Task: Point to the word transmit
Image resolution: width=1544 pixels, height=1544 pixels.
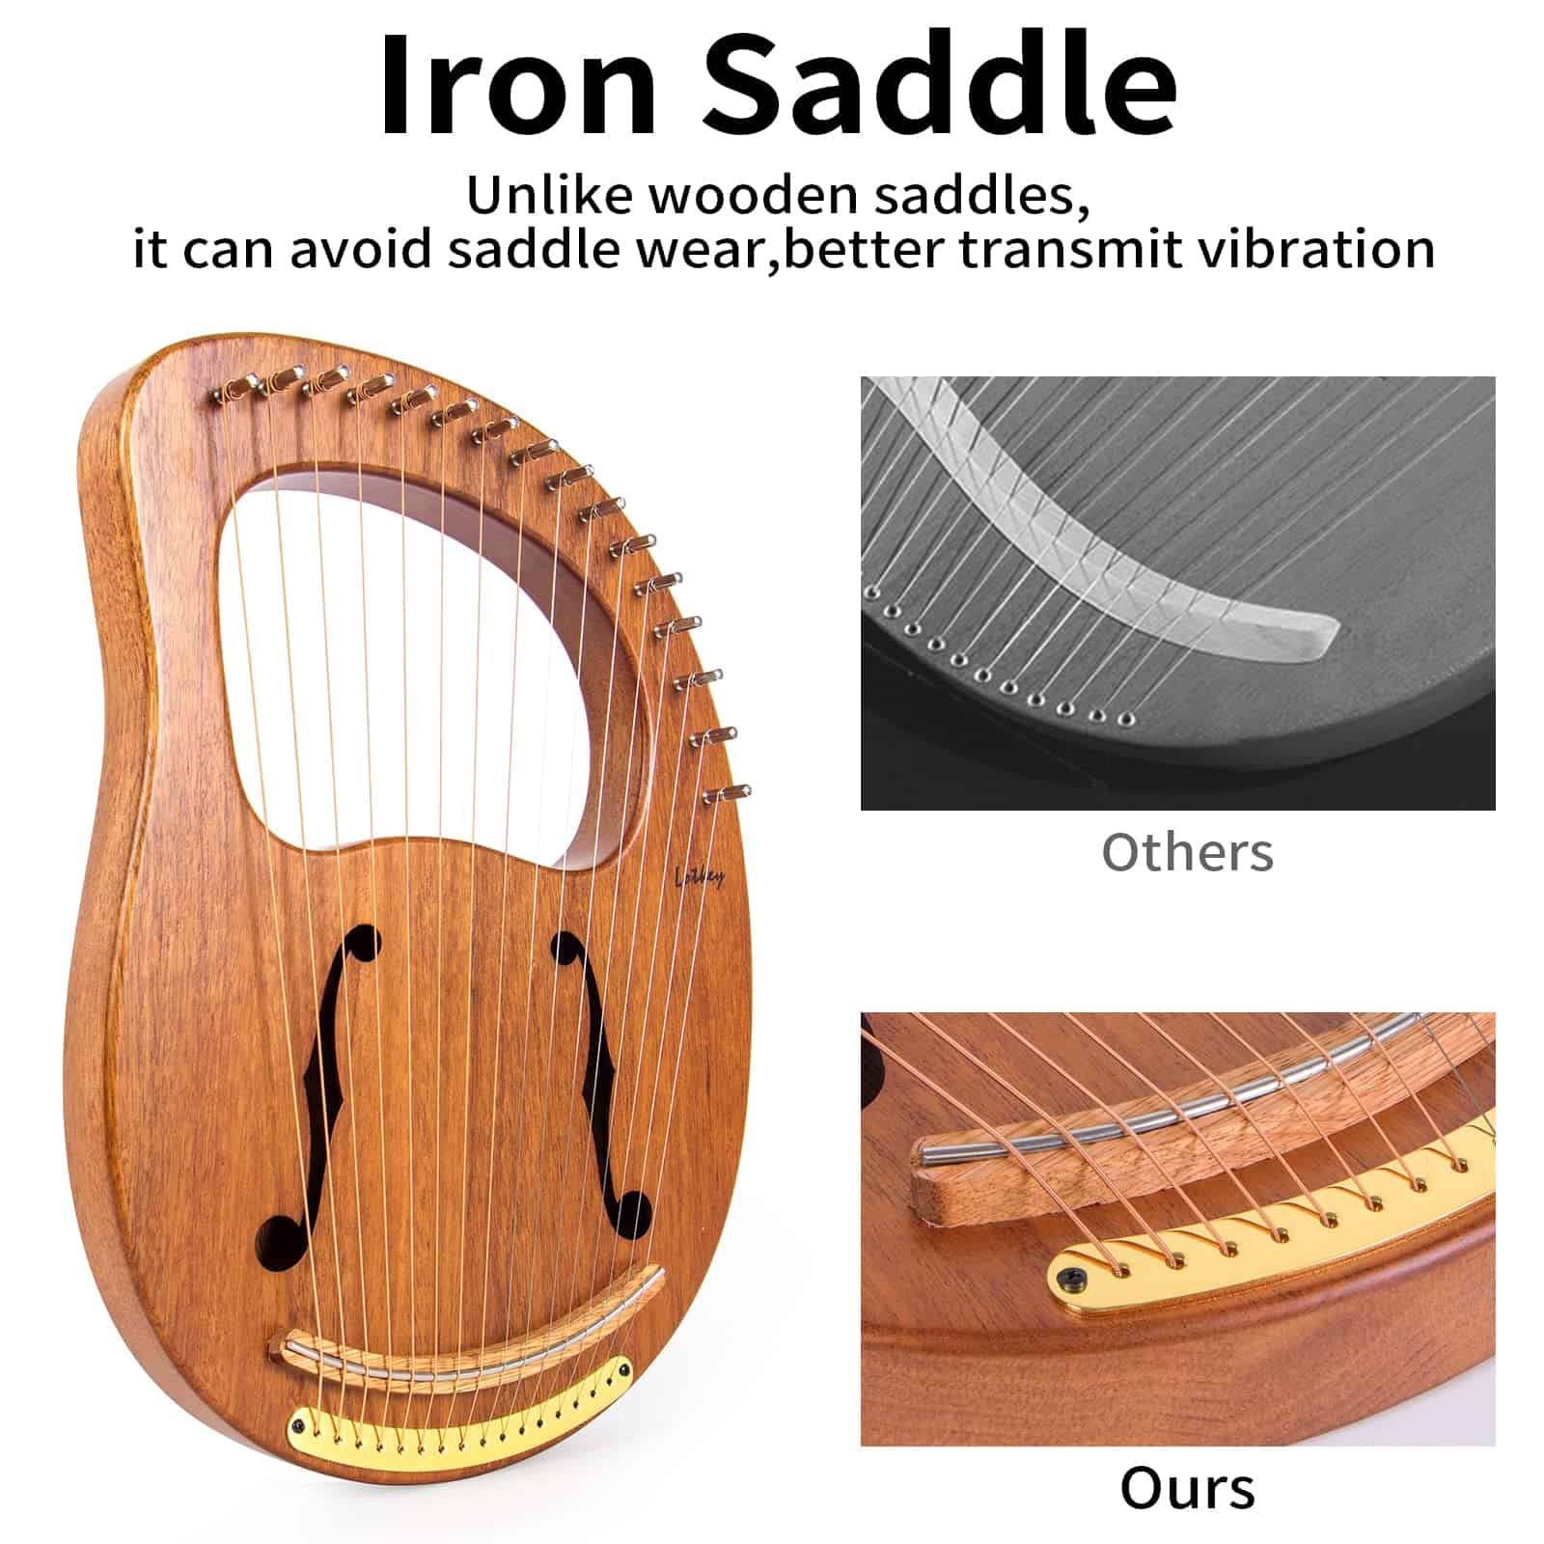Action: pyautogui.click(x=1070, y=249)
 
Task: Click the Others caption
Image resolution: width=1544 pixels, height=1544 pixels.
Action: pyautogui.click(x=1187, y=852)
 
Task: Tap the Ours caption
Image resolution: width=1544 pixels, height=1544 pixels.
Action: pyautogui.click(x=1188, y=1488)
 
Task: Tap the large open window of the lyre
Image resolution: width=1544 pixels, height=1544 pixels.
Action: pyautogui.click(x=425, y=656)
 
